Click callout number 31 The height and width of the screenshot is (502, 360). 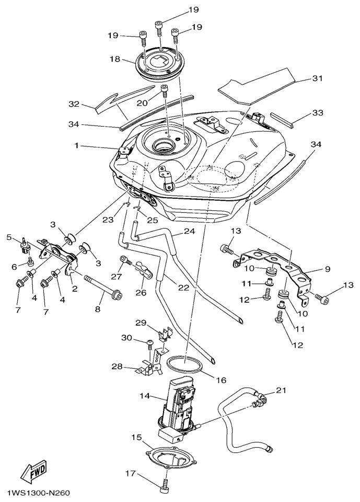click(317, 79)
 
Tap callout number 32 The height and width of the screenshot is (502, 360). click(74, 104)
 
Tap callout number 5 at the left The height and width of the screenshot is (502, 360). click(8, 237)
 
